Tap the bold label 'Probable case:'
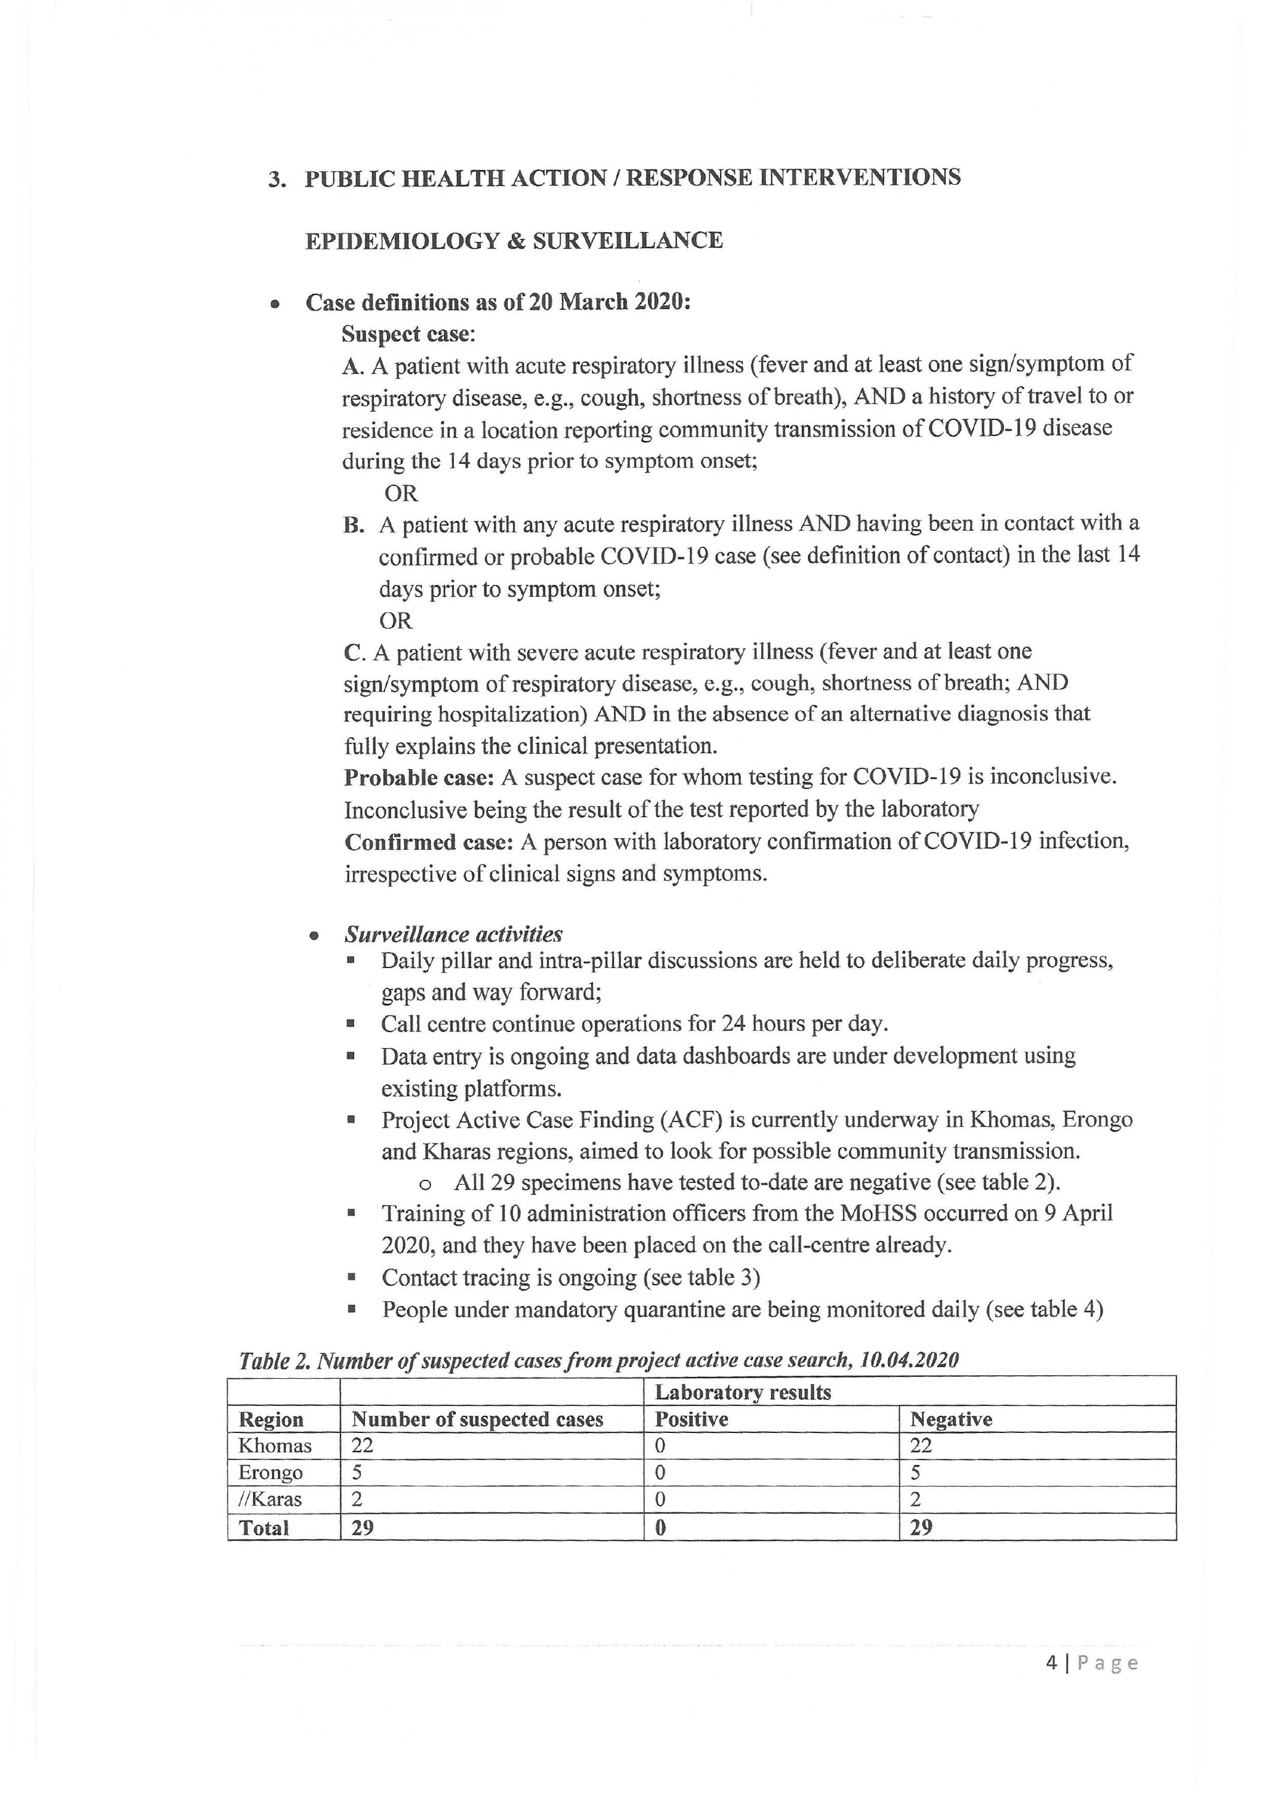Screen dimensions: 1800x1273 click(419, 777)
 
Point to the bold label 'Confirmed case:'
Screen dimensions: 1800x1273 click(429, 841)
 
